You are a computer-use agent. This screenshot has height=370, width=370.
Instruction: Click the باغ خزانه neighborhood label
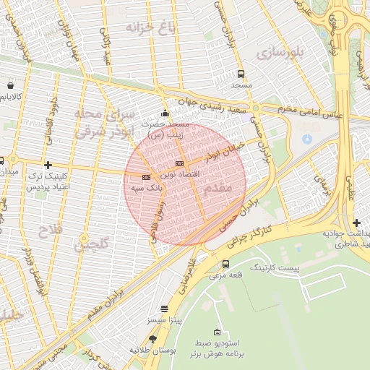[151, 28]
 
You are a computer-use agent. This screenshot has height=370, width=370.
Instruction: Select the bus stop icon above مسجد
[241, 73]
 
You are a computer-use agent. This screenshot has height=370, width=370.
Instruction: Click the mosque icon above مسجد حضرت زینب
[165, 113]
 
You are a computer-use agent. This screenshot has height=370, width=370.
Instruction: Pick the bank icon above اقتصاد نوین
[179, 163]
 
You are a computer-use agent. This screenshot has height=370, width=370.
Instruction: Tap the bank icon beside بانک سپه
[146, 176]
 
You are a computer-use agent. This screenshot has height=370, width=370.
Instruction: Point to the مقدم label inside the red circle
[218, 187]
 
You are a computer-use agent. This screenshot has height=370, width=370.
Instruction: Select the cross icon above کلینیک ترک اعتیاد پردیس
[48, 165]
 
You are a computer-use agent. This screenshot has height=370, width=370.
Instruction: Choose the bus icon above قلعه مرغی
[226, 264]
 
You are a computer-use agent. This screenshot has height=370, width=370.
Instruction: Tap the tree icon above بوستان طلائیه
[152, 338]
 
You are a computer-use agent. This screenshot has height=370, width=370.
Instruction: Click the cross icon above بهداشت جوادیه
[356, 223]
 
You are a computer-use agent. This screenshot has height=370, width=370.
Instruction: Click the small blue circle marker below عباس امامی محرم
[307, 137]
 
